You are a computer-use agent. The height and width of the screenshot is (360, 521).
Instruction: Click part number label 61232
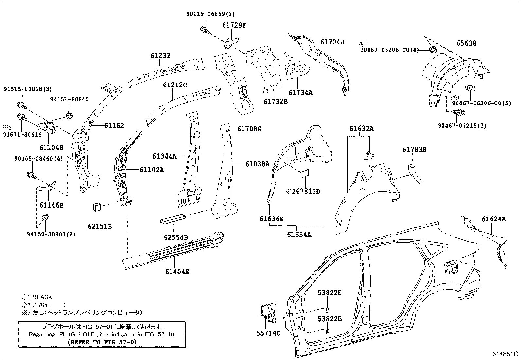[160, 56]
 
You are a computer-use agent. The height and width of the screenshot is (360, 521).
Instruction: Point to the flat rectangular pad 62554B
[173, 219]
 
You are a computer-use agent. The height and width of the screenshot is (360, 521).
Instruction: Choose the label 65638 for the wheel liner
[467, 43]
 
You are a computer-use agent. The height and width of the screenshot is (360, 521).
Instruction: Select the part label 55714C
[268, 333]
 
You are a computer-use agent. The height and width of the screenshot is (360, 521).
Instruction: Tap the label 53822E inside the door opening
[330, 293]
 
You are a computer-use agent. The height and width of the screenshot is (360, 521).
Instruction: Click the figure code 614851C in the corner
[506, 354]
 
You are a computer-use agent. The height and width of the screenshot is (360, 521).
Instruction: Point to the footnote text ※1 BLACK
[37, 297]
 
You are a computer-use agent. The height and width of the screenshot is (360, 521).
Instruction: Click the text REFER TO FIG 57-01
[102, 342]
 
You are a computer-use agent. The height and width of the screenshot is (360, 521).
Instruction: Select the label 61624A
[494, 219]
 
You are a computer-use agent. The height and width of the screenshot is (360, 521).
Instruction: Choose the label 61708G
[249, 129]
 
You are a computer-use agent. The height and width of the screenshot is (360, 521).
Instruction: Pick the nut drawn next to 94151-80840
[69, 116]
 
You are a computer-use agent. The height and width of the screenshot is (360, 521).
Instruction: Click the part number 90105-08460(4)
[38, 159]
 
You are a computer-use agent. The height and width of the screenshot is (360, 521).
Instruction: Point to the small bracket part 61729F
[231, 41]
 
